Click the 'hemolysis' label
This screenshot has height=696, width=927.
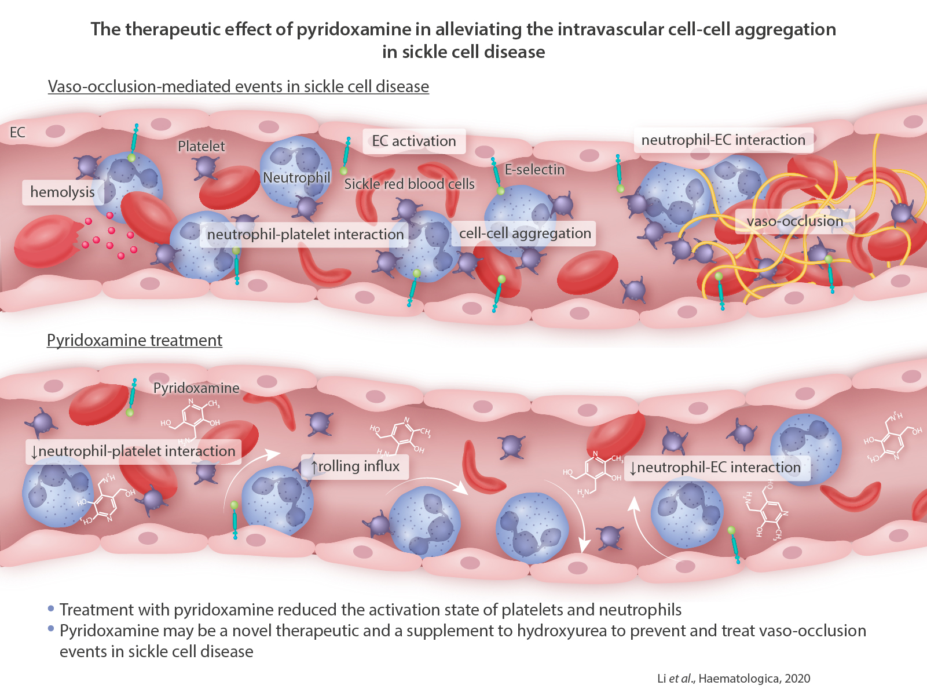(63, 192)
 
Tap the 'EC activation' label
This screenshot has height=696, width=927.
(414, 141)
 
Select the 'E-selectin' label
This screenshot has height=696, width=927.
(534, 170)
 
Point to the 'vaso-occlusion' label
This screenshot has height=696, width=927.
(794, 221)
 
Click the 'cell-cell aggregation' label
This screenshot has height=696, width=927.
(525, 234)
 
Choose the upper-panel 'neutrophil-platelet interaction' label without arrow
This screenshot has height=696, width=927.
(305, 235)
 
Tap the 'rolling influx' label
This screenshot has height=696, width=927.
(355, 467)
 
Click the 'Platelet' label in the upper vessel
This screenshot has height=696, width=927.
(201, 147)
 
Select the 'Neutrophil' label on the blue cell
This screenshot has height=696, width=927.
(296, 178)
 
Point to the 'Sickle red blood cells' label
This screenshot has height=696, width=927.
(409, 184)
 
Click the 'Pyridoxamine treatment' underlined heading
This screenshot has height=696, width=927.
(134, 340)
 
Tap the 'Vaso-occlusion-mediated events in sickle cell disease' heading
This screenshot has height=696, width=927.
(238, 86)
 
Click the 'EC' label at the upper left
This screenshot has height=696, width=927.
(17, 133)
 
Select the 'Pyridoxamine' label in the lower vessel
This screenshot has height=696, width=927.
(196, 388)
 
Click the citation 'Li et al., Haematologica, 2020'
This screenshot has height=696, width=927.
(734, 679)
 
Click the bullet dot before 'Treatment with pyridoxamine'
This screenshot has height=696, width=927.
(51, 608)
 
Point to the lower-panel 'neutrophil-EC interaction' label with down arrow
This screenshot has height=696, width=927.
(715, 468)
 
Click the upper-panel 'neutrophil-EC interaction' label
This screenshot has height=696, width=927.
(723, 140)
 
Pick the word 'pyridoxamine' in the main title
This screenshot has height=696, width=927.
(353, 30)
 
